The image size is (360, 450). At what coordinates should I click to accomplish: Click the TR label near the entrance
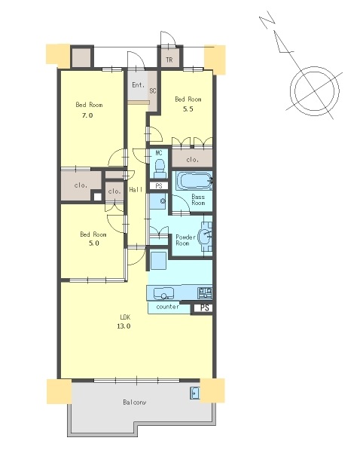(169, 60)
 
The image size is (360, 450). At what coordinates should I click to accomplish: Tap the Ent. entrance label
(139, 85)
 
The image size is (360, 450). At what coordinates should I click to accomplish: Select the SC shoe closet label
(153, 90)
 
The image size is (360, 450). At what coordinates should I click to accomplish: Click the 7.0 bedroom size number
(87, 115)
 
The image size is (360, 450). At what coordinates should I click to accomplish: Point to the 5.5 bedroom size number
(188, 109)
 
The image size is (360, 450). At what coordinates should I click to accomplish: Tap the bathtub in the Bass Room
(194, 181)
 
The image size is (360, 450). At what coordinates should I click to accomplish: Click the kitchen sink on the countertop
(163, 293)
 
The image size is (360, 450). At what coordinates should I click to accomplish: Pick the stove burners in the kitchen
(205, 293)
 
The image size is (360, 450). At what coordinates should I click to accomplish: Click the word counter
(167, 307)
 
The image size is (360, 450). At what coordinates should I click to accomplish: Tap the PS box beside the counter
(204, 308)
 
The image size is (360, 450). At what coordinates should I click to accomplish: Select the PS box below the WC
(159, 186)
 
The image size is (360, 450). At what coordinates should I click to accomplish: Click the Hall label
(136, 189)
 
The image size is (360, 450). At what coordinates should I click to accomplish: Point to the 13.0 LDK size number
(124, 326)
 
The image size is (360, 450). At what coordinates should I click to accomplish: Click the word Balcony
(135, 402)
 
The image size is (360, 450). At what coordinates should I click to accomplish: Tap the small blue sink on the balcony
(195, 393)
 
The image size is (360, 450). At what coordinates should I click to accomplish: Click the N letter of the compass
(267, 20)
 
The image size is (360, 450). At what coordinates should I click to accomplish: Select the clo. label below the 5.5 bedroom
(193, 160)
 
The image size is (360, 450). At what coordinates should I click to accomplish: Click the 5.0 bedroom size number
(94, 243)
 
